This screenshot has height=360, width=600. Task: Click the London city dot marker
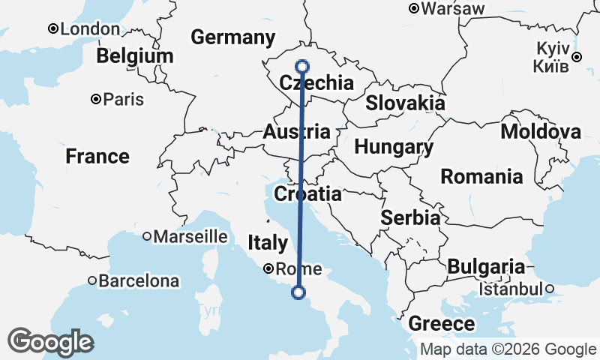coord(53,28)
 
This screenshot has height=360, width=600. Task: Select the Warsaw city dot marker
coord(413,9)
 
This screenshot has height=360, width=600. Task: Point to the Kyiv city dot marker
coord(576,57)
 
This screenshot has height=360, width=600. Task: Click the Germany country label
coord(233,37)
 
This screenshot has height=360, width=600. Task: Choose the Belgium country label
coord(135,56)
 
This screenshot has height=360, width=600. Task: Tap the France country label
coord(97,157)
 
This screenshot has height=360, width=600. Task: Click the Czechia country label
coord(316,83)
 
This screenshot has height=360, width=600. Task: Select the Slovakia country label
coord(405,103)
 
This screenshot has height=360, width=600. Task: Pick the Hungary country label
coord(394,148)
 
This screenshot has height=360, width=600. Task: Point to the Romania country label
coord(481,177)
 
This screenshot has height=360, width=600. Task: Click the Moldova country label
coord(541,133)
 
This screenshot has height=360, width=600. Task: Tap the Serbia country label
coord(409,218)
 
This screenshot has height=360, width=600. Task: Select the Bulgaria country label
coord(486,266)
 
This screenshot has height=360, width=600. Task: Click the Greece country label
coord(442,324)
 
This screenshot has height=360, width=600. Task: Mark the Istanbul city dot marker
coord(549,289)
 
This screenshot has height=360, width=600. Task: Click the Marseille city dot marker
coord(147,236)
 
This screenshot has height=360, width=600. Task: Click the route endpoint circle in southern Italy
coord(299,292)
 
